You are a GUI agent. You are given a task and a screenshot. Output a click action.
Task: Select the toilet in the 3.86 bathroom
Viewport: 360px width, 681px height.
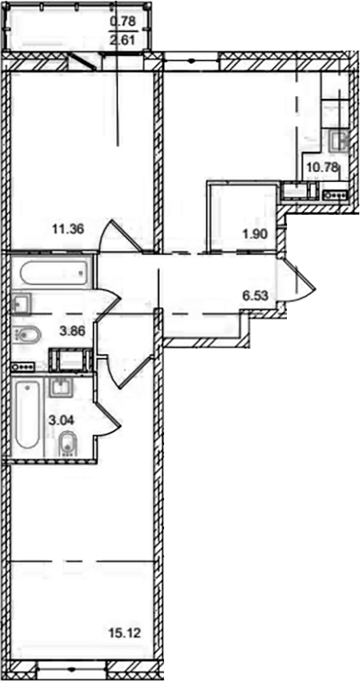coord(26,335)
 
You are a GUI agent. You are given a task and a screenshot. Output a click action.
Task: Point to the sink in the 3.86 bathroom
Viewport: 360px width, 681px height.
coord(22,301)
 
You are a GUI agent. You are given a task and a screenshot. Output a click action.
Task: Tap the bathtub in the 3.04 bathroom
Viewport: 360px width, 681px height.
coord(27,417)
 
